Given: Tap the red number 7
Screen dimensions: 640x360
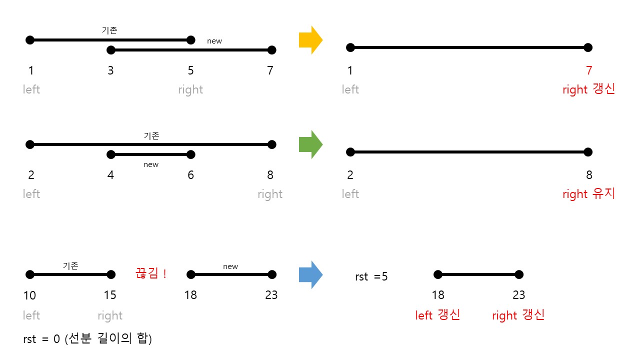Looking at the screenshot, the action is [588, 70].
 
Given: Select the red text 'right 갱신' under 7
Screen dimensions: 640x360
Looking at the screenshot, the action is [588, 90].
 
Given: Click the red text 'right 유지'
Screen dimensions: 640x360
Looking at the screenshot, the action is [588, 194].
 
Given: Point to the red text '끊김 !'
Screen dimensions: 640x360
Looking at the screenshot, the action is [150, 273].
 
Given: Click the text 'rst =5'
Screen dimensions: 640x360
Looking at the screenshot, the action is [371, 276].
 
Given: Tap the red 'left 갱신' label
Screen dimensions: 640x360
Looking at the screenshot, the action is [438, 315].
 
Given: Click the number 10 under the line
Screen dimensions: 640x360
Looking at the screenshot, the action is [29, 295].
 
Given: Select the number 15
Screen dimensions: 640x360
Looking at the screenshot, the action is [110, 295].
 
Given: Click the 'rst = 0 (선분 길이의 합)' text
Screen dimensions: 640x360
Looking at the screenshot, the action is [87, 339].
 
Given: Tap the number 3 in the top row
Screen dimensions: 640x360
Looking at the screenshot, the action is [110, 71].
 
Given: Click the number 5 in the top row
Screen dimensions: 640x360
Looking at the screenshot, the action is [190, 71].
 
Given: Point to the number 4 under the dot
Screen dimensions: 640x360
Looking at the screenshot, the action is [110, 175].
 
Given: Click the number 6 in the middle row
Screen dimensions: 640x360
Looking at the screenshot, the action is [190, 175].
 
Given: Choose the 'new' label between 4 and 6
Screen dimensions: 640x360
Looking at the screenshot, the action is [150, 164].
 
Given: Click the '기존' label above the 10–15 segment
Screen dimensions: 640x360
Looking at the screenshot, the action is [70, 266].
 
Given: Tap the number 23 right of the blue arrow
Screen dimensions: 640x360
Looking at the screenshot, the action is [518, 295].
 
